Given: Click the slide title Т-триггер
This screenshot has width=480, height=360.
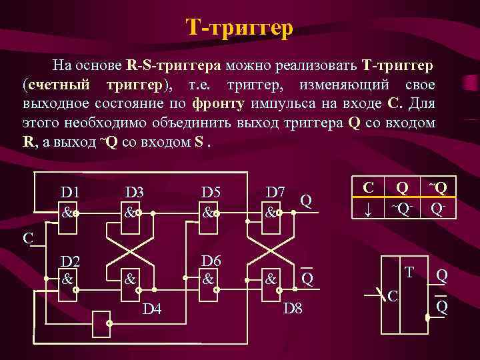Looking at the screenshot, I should tap(239, 28).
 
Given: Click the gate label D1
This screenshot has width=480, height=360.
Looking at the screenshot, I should tap(70, 192).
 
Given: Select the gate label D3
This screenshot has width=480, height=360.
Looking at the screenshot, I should tap(135, 192).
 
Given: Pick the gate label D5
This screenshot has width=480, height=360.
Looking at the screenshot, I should tap(211, 192).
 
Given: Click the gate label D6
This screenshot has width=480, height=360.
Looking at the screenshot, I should tap(211, 261).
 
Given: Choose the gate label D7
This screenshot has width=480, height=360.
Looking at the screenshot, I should tap(276, 192).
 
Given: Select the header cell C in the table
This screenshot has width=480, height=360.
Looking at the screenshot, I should tap(367, 187).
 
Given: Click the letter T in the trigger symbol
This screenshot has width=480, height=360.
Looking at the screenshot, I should tap(409, 272).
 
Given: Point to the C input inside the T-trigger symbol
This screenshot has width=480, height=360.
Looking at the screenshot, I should tap(393, 295).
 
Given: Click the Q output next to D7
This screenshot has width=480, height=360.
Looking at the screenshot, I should tap(305, 199).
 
